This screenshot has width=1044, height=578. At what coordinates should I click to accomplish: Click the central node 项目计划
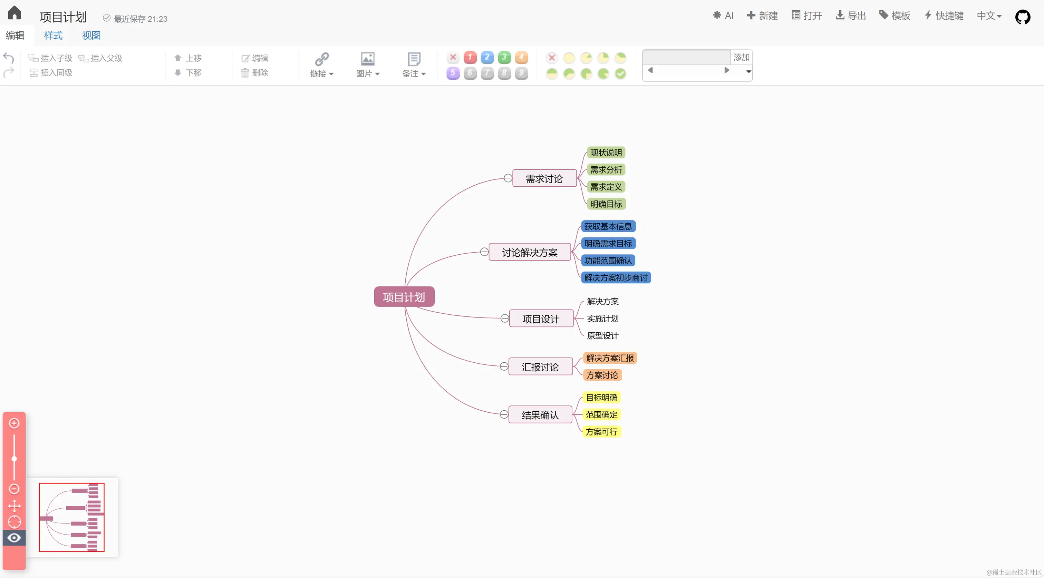[404, 297]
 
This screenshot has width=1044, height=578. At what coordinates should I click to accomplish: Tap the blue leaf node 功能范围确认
[608, 261]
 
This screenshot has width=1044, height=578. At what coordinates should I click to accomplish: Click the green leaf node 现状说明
[606, 153]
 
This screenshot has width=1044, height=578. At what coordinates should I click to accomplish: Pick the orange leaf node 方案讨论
[602, 375]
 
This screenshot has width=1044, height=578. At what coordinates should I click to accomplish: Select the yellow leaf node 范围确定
[601, 414]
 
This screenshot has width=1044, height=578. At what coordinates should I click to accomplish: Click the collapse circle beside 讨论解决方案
[484, 252]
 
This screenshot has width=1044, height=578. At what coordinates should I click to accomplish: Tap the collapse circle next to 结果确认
[504, 414]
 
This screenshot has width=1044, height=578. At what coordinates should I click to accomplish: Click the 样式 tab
[53, 35]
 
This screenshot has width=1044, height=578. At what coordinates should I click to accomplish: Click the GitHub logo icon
[1022, 17]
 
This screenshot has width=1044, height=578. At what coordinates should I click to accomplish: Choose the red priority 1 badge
[470, 58]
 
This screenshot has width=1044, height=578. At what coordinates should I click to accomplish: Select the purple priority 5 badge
[453, 73]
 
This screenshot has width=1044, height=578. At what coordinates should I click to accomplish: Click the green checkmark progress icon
[620, 73]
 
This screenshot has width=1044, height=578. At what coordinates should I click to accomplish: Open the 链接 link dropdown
[322, 65]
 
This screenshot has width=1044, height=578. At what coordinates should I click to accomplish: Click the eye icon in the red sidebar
[14, 538]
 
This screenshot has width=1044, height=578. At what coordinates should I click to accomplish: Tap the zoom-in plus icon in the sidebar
[14, 423]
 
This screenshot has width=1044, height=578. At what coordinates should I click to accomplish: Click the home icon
[14, 13]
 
